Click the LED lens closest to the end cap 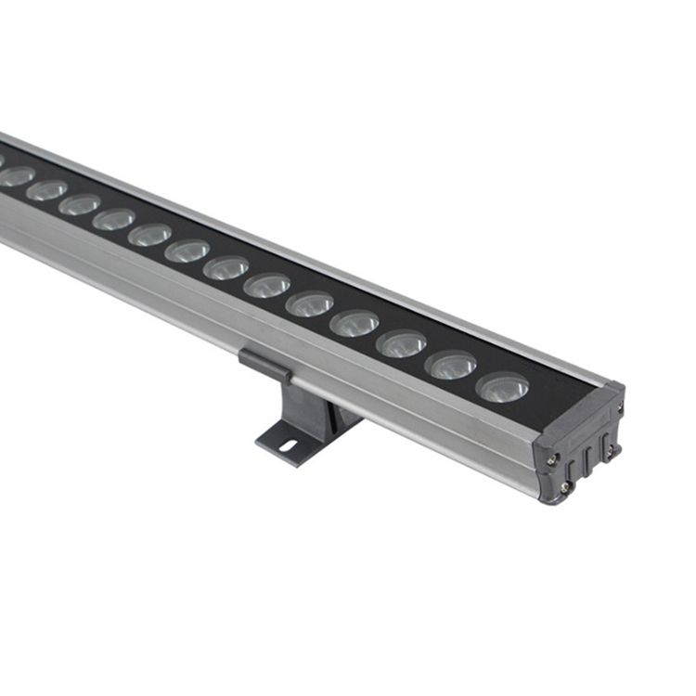point(503,386)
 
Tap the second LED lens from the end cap point(452,365)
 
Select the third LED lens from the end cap point(402,343)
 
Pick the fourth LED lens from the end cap point(354,323)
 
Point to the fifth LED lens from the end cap point(310,303)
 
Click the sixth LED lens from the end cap point(267,285)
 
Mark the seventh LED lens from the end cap point(226,267)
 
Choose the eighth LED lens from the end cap point(187,251)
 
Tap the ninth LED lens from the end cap point(149,235)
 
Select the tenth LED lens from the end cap point(113,219)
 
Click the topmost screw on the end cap point(620,406)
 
